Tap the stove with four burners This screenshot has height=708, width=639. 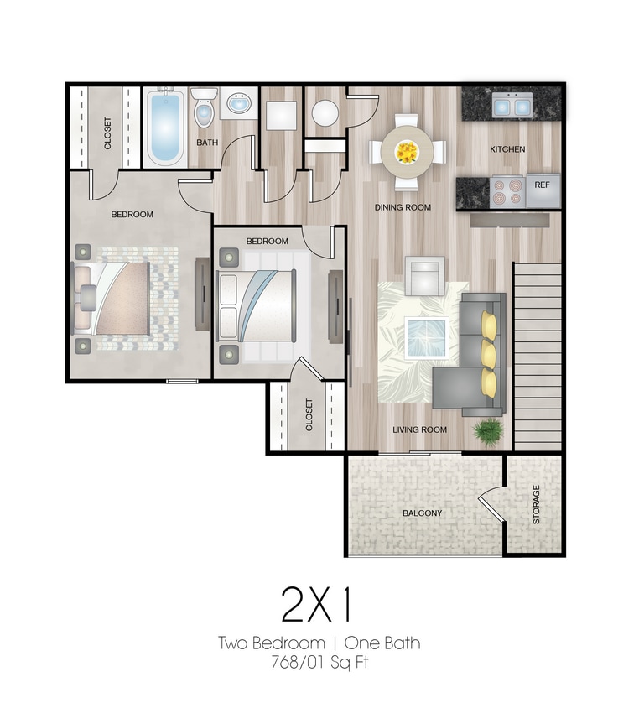click(x=507, y=190)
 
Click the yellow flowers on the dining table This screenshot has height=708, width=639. click(x=407, y=152)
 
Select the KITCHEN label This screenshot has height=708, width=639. click(x=507, y=149)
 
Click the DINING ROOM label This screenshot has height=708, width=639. click(x=403, y=207)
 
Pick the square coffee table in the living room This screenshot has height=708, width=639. click(x=426, y=337)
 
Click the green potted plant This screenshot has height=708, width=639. click(x=486, y=431)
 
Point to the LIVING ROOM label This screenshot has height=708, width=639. click(x=419, y=430)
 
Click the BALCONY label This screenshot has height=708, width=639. click(x=422, y=513)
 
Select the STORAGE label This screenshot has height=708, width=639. click(x=536, y=505)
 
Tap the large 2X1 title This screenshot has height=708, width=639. click(x=319, y=603)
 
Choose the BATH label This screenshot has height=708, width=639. click(x=207, y=143)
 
